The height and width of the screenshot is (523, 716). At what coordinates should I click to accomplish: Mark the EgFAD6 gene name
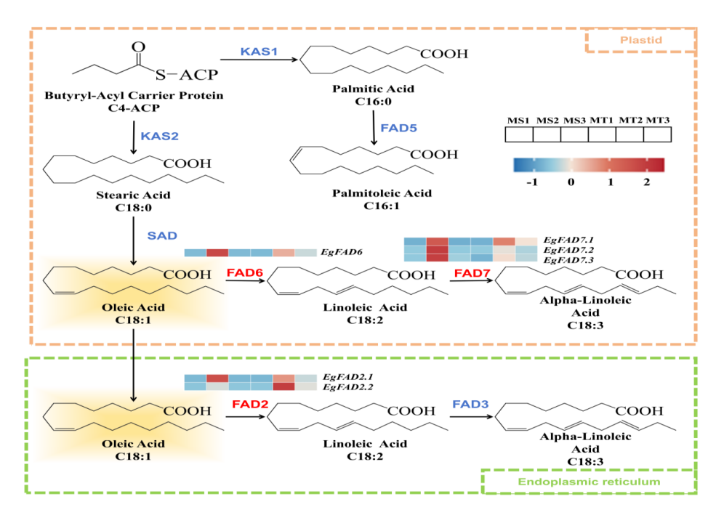[341, 252]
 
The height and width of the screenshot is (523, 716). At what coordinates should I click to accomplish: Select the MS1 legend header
[518, 120]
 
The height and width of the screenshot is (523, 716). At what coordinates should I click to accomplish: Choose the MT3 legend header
[656, 120]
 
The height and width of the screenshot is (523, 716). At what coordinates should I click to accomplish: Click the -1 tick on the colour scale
[531, 182]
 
